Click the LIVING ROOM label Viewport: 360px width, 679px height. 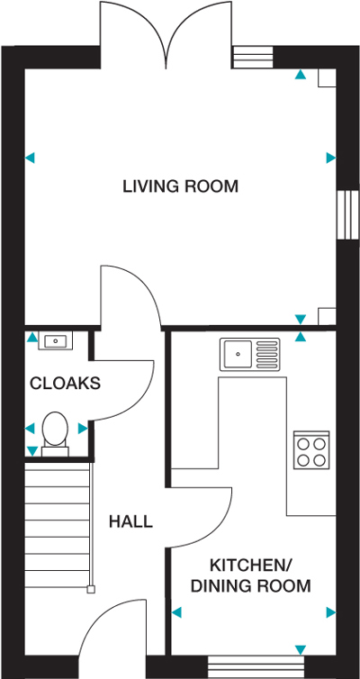[180, 186]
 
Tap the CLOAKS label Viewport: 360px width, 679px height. [65, 384]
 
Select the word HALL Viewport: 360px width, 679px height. [130, 521]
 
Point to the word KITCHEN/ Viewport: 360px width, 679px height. [251, 566]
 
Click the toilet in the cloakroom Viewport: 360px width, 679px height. [55, 434]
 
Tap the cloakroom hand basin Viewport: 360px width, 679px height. [56, 340]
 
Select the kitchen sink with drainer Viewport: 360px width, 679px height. [249, 355]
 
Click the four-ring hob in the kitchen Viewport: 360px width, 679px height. [311, 450]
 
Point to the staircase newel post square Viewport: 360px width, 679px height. [91, 589]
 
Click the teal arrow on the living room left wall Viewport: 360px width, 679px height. [30, 158]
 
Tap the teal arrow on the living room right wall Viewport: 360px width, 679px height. [331, 158]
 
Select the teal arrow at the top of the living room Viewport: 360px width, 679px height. [301, 75]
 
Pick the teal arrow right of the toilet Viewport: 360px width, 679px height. [83, 429]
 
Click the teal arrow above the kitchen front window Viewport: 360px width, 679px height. [301, 649]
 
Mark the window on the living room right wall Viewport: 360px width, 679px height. [348, 214]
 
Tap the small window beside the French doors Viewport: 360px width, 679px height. [253, 57]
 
